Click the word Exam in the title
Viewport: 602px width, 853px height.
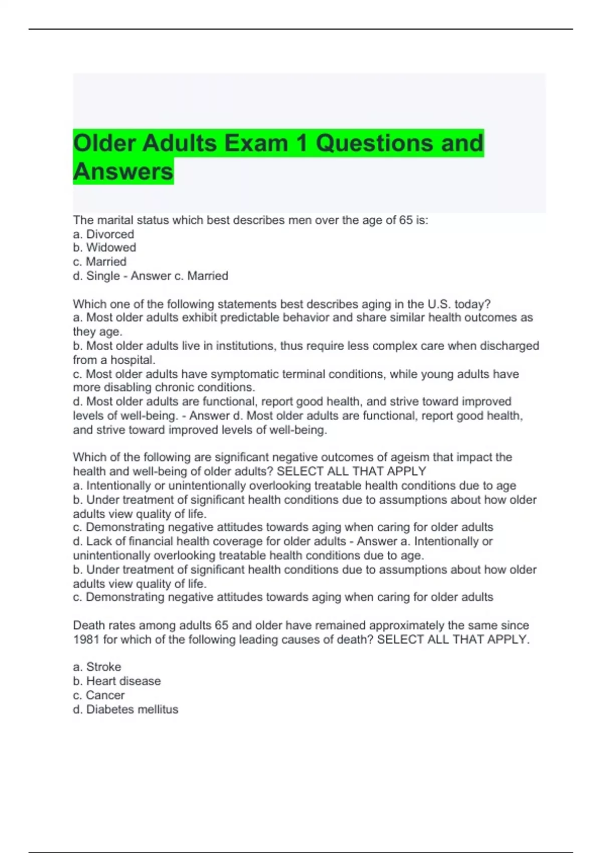point(256,143)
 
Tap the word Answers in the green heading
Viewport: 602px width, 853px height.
point(123,172)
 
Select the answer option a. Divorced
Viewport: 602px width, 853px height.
point(103,234)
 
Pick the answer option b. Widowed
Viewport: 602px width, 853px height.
point(104,248)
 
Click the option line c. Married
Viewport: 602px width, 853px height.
point(99,262)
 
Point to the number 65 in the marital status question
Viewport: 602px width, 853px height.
point(405,220)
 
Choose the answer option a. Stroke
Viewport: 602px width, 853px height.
point(97,667)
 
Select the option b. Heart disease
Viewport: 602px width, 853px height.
point(117,681)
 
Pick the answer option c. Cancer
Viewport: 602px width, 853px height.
point(99,695)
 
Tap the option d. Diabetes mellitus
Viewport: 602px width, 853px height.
point(125,709)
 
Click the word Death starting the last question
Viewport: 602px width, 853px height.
point(88,626)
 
